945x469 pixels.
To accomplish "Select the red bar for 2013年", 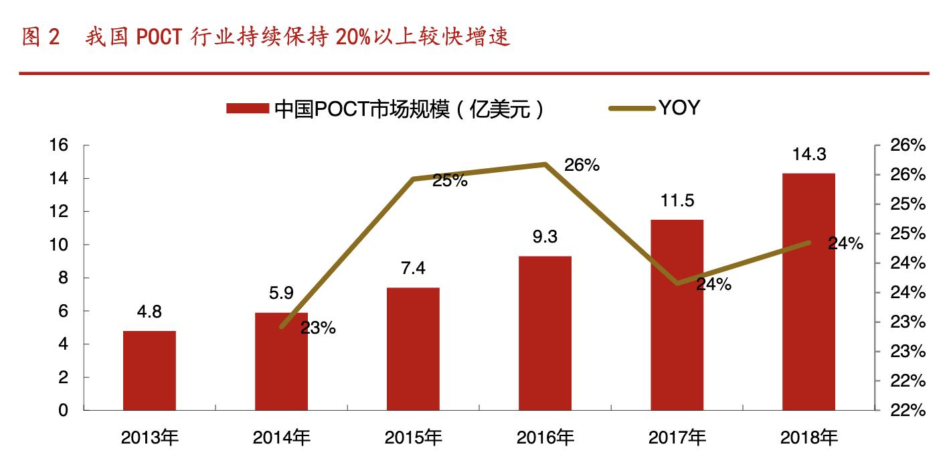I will pos(149,371).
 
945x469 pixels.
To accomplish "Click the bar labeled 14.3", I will pos(808,291).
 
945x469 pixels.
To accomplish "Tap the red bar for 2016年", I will pos(545,333).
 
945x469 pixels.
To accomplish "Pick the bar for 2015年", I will pos(413,348).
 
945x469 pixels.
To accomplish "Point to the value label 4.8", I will pos(149,312).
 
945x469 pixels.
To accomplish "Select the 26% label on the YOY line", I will pos(581,165).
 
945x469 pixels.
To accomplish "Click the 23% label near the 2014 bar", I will pos(319,328).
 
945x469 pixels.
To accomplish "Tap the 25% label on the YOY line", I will pos(450,180).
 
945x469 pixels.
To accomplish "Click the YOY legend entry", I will pos(679,108).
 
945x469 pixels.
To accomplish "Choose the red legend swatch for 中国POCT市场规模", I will pos(248,109).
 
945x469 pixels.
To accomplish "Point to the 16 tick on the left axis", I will pos(60,145).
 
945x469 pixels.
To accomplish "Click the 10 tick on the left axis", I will pos(60,245).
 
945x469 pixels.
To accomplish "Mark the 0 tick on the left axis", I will pos(64,410).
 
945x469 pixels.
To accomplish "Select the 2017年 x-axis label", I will pos(677,438).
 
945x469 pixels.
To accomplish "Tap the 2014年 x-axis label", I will pos(281,438).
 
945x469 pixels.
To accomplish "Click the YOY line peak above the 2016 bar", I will pos(545,164).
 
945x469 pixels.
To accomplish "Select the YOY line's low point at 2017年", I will pos(677,283).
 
